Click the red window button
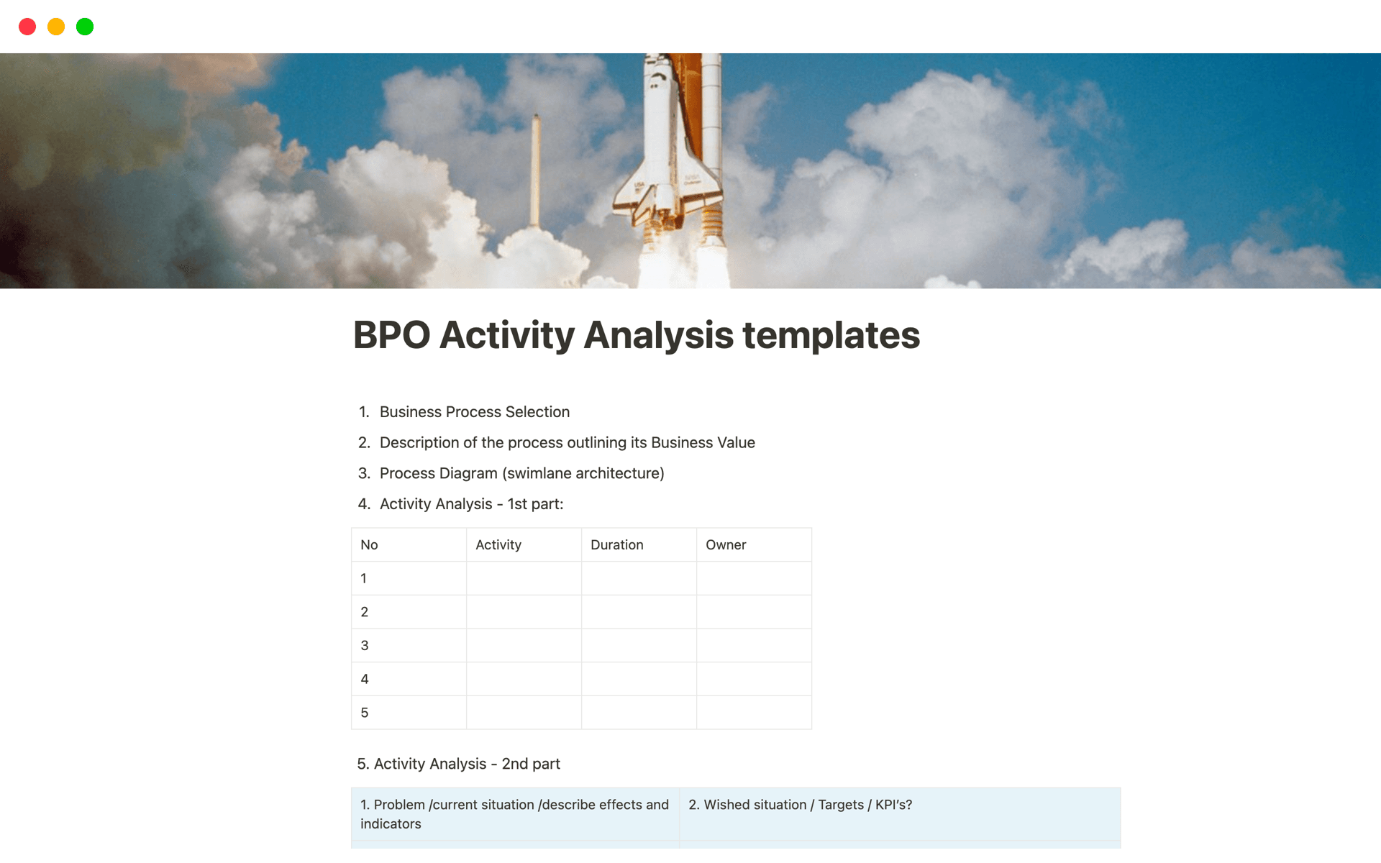click(27, 27)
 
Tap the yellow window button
click(56, 27)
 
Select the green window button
click(85, 27)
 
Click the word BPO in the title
click(392, 335)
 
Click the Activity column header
click(498, 545)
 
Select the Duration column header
click(617, 545)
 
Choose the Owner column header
click(726, 545)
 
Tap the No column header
click(369, 545)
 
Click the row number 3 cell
click(409, 646)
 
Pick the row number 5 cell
click(409, 713)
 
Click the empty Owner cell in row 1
click(754, 578)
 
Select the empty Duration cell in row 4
click(639, 679)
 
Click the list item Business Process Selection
click(475, 412)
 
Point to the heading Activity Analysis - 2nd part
click(459, 764)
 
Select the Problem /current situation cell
click(515, 814)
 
